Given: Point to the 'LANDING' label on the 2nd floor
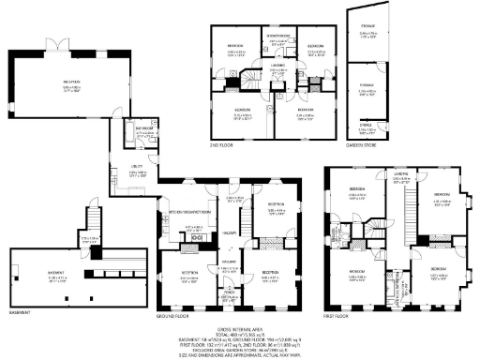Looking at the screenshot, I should (278, 66).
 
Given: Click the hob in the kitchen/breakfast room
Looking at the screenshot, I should (198, 238).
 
